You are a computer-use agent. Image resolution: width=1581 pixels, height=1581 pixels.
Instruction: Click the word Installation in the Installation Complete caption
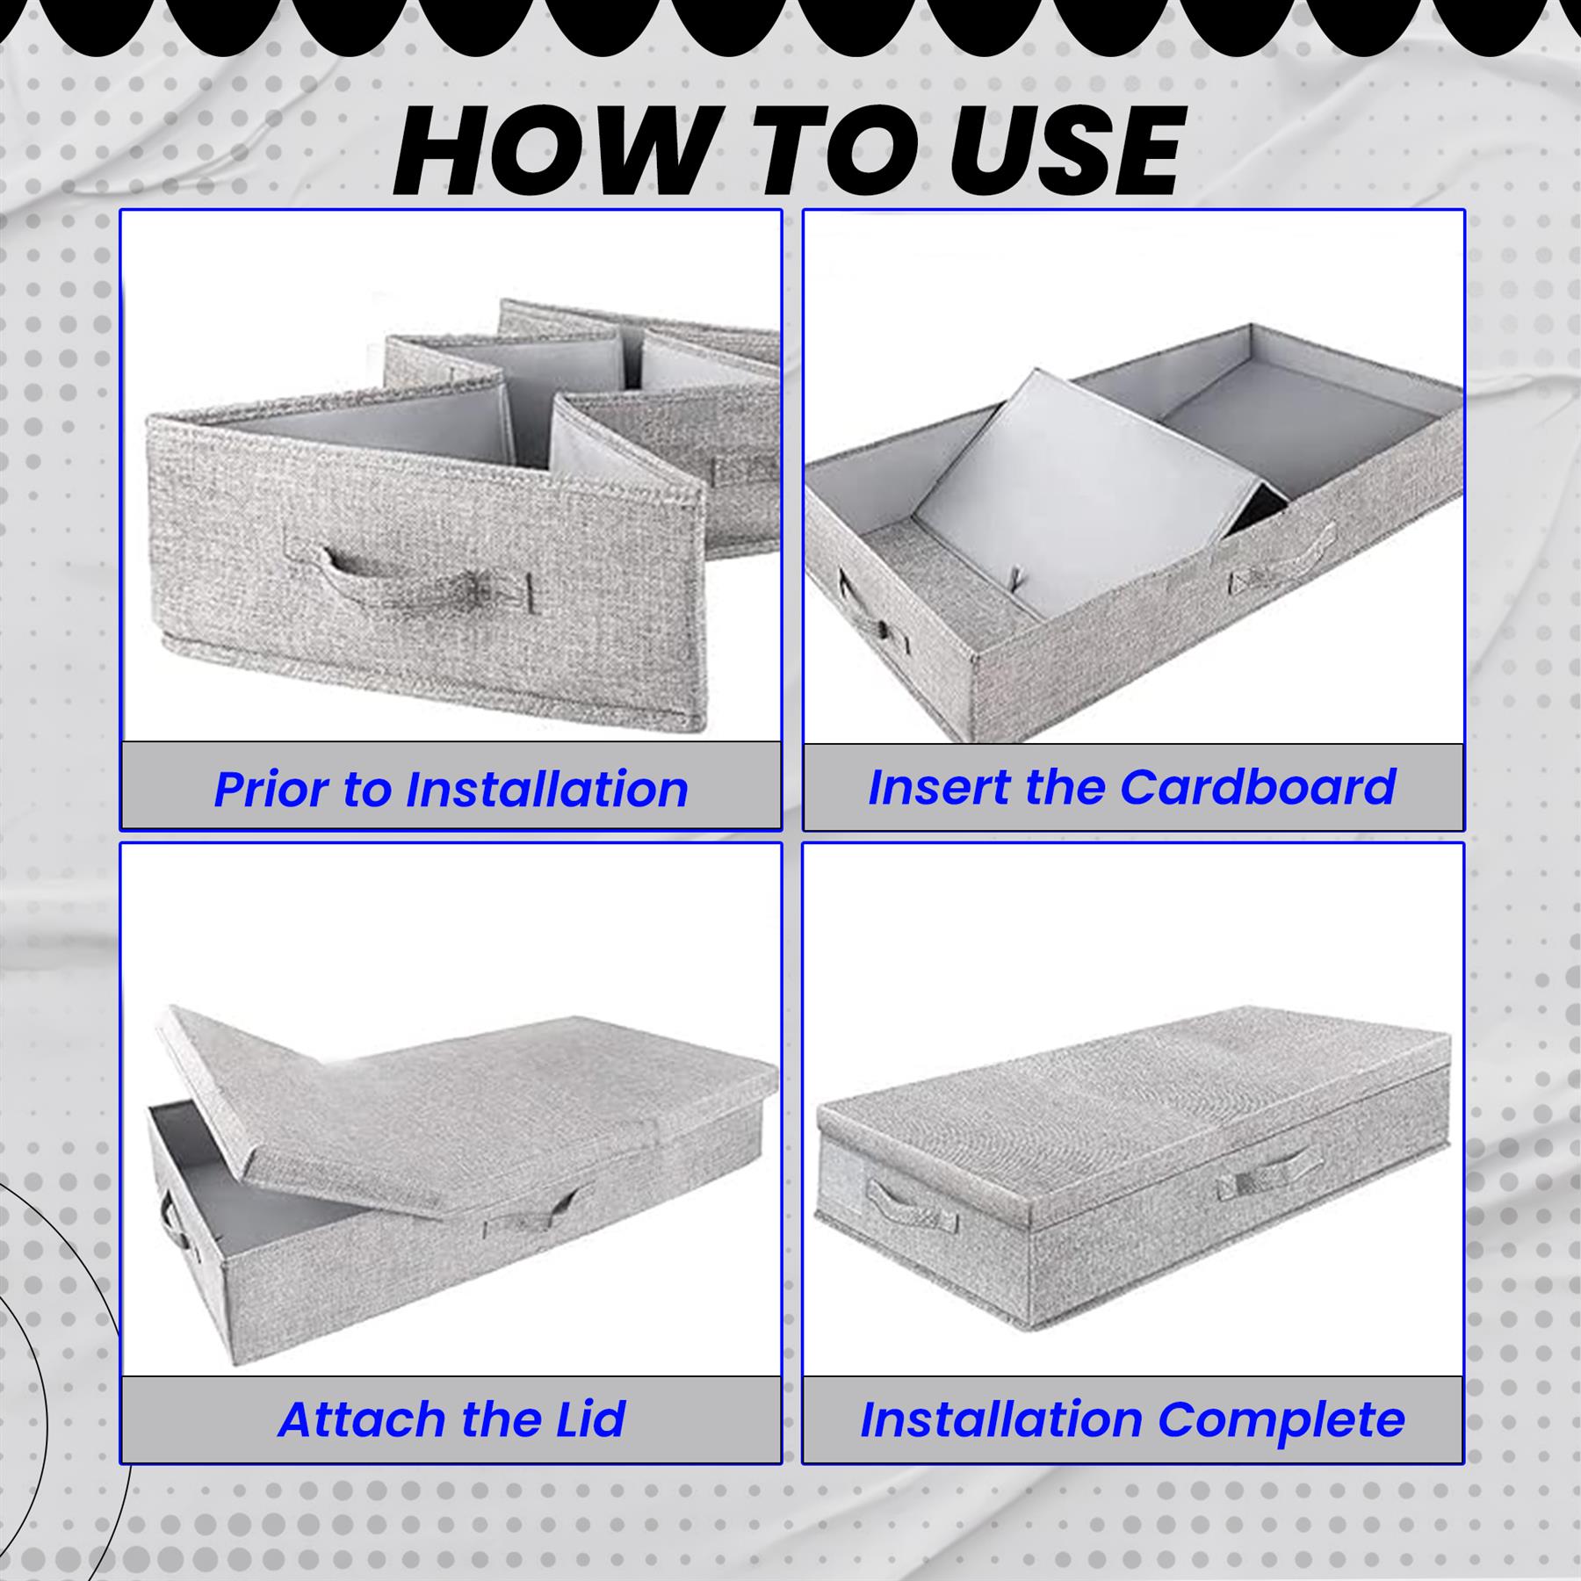click(1000, 1419)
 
